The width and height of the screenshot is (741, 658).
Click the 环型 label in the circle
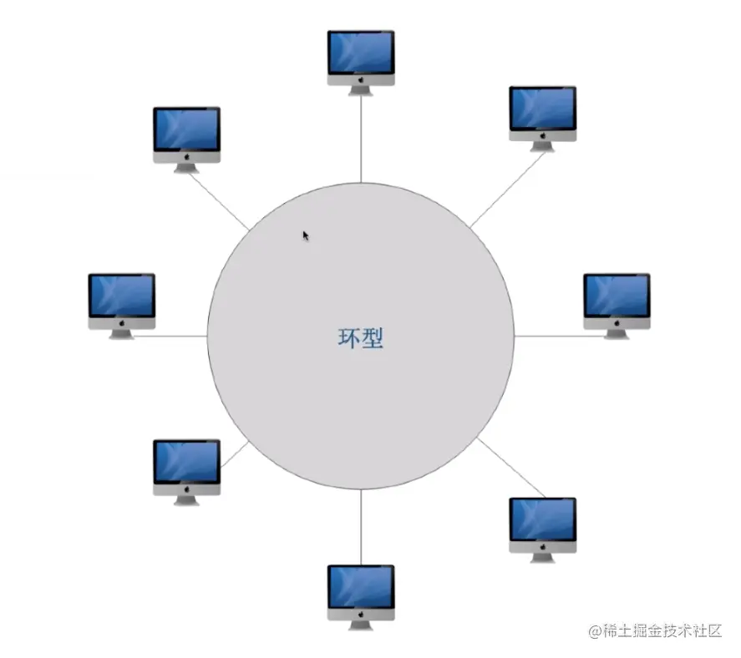361,337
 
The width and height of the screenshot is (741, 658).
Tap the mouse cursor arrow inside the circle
306,235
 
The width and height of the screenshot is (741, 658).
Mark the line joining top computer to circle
361,138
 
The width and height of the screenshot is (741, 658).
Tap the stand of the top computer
361,89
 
